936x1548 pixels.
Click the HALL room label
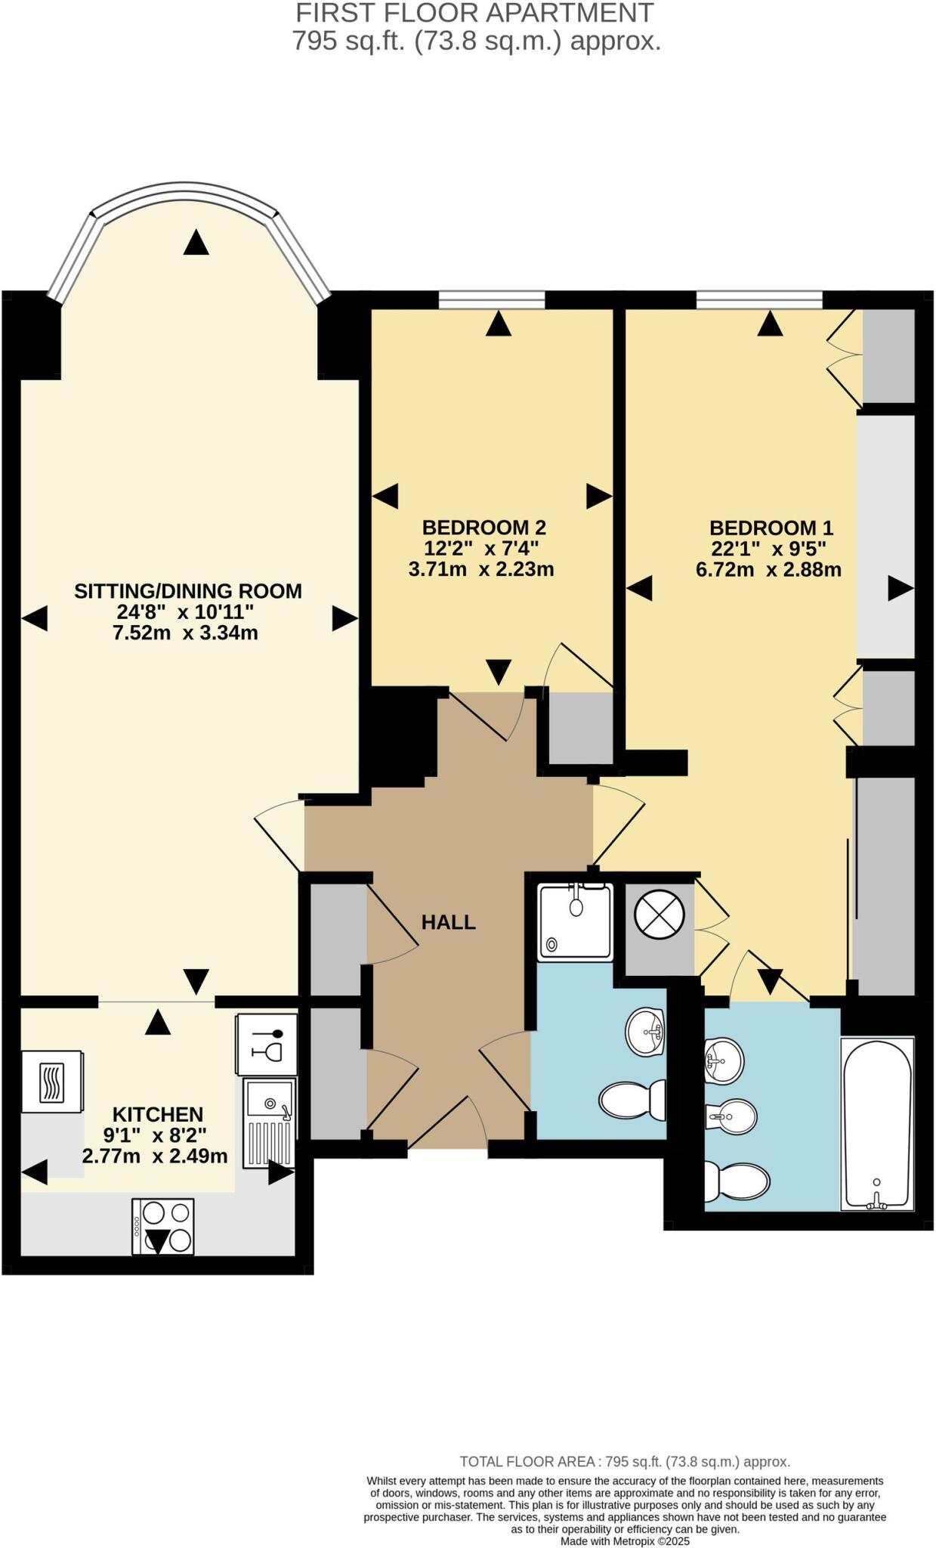tap(448, 921)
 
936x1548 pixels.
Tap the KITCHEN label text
tap(157, 1114)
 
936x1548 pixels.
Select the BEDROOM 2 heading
tap(483, 527)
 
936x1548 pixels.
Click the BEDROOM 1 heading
tap(771, 528)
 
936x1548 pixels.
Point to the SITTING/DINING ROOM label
tap(187, 591)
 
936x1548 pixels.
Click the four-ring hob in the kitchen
tap(162, 1227)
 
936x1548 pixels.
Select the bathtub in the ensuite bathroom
tap(877, 1124)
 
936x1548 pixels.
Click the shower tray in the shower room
tap(575, 922)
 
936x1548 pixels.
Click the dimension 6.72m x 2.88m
tap(768, 570)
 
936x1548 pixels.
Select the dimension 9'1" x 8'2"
tap(155, 1135)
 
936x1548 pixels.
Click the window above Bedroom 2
tap(492, 300)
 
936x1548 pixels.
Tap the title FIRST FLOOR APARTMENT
tap(474, 13)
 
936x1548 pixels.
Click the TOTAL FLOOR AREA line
tap(625, 1462)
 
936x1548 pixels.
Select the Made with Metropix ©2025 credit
tap(625, 1541)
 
